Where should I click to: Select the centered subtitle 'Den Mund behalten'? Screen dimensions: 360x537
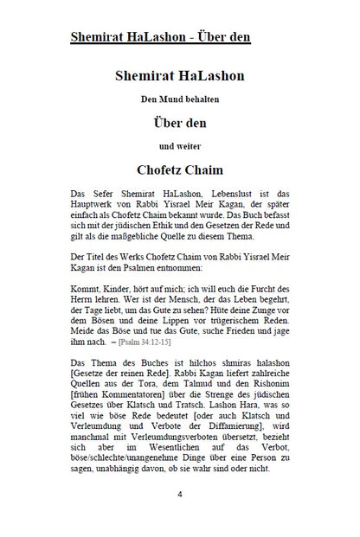click(x=180, y=99)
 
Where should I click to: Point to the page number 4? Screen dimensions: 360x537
click(x=180, y=494)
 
